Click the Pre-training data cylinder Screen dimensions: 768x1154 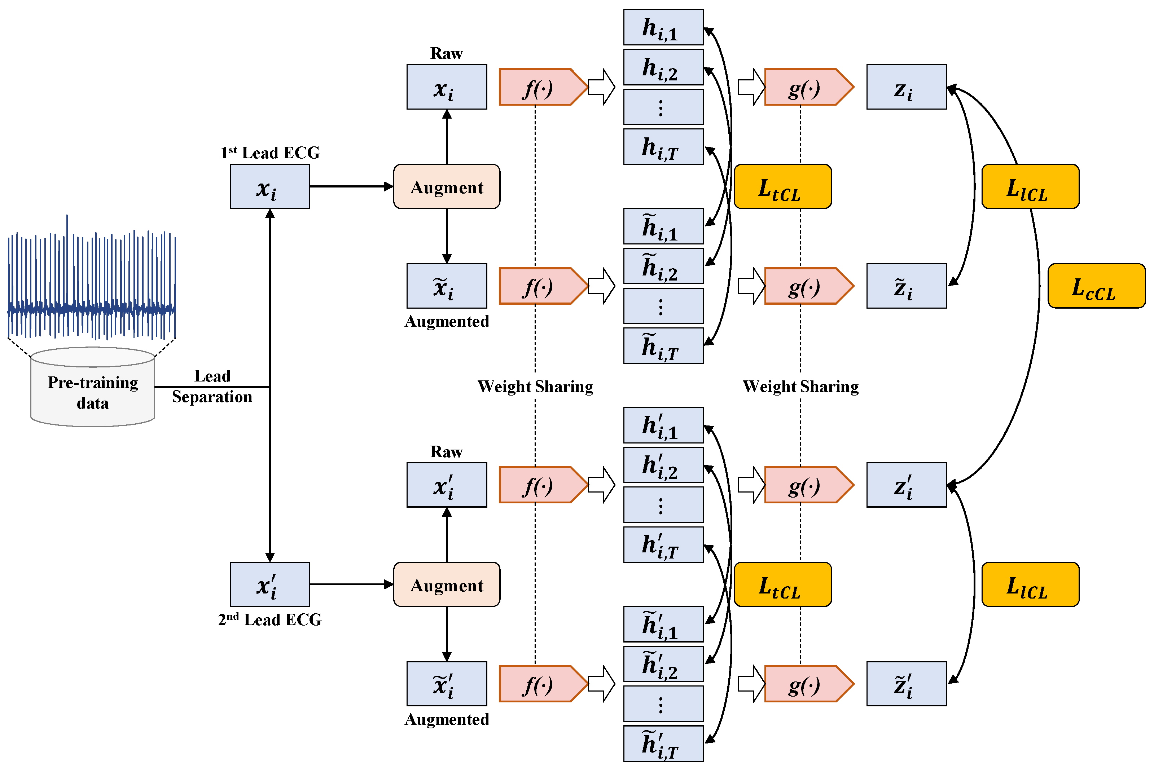click(x=93, y=392)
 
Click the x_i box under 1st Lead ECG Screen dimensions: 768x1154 click(x=269, y=187)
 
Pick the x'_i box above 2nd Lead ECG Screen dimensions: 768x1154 click(x=269, y=584)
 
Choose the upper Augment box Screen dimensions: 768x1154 click(x=446, y=187)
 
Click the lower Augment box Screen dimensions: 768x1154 click(x=446, y=584)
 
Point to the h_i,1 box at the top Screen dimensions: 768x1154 click(x=663, y=27)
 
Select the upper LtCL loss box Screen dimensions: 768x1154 click(x=782, y=187)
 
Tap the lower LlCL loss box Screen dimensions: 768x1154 click(x=1030, y=584)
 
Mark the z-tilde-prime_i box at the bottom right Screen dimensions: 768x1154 click(x=906, y=684)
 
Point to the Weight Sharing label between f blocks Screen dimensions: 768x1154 click(x=535, y=387)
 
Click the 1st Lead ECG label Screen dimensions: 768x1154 click(x=270, y=153)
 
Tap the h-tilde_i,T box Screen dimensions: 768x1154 click(x=663, y=346)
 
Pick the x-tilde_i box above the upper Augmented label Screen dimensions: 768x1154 click(x=446, y=286)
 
